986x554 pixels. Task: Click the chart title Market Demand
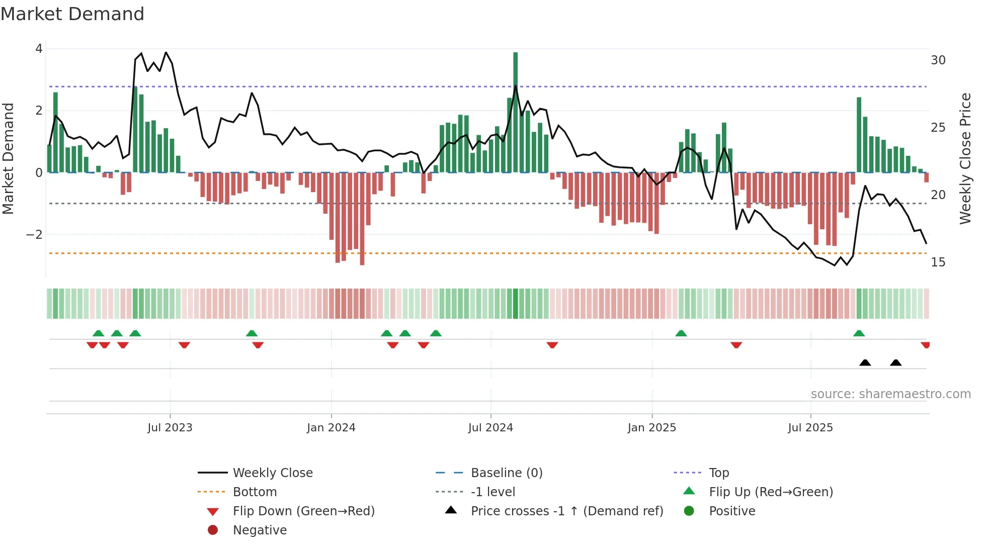[x=72, y=14]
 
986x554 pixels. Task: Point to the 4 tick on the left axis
[x=39, y=49]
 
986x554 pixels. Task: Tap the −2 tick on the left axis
[x=34, y=235]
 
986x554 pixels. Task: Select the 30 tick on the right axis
[x=938, y=60]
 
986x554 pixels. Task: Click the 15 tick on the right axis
[x=938, y=262]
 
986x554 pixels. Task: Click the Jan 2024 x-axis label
[x=331, y=428]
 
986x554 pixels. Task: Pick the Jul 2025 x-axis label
[x=810, y=428]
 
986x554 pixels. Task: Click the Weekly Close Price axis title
[x=965, y=158]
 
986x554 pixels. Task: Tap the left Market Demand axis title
[x=9, y=158]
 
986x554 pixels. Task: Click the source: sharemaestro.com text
[x=890, y=394]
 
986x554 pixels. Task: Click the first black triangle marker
[x=865, y=363]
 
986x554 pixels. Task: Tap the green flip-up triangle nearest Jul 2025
[x=859, y=333]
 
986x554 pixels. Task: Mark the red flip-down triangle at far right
[x=925, y=345]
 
